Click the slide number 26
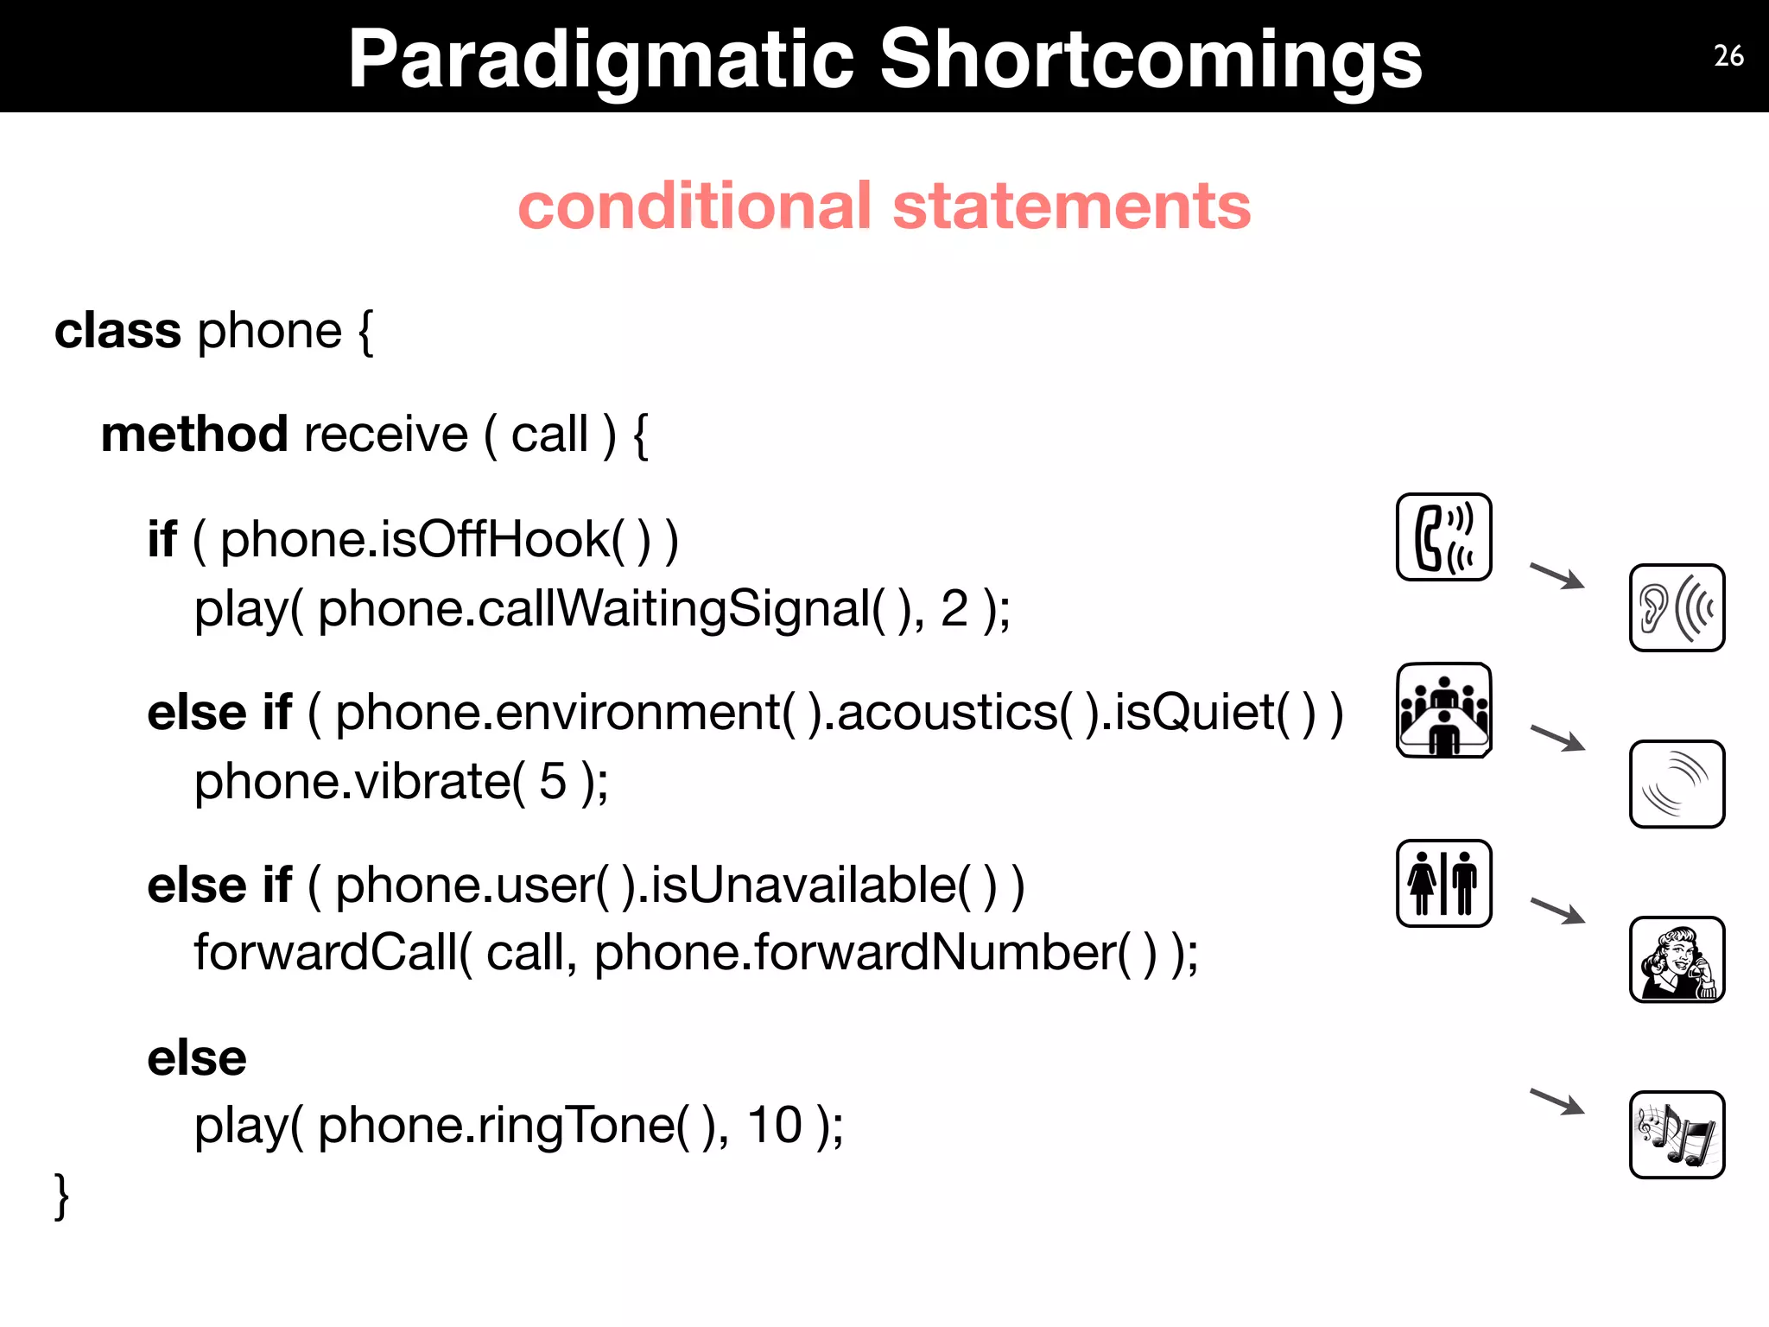1728,56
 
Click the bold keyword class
117,331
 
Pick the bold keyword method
194,434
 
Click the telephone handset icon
1443,537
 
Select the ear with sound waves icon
1677,607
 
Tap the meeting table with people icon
1443,710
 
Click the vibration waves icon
1677,784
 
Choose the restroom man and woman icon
1443,883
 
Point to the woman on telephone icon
1677,959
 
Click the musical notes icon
1677,1134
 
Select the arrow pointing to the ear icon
1557,575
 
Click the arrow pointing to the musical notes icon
1557,1102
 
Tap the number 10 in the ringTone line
775,1125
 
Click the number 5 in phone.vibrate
553,781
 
